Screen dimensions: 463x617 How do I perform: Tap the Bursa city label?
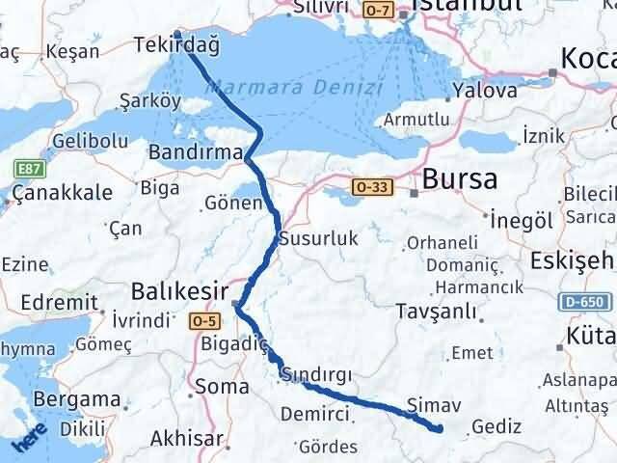pyautogui.click(x=460, y=179)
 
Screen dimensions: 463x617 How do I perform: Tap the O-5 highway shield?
pyautogui.click(x=204, y=320)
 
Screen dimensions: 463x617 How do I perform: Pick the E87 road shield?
pyautogui.click(x=26, y=168)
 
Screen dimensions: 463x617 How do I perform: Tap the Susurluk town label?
pyautogui.click(x=306, y=237)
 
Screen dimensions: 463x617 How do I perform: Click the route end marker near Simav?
pyautogui.click(x=439, y=428)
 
